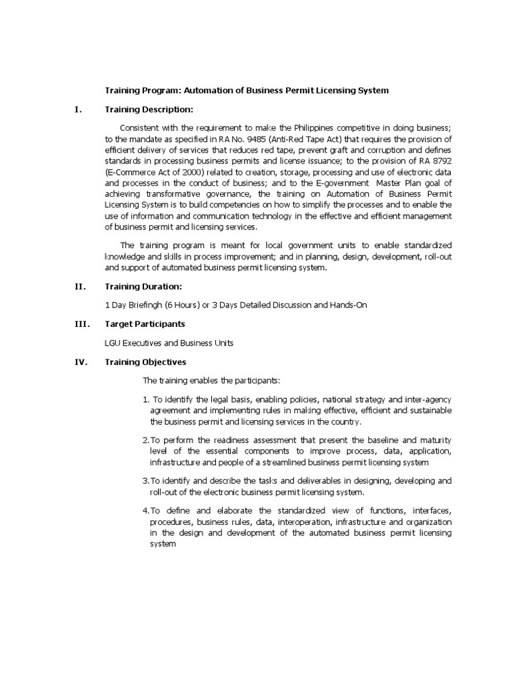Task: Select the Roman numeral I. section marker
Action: [78, 109]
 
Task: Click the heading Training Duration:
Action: [143, 286]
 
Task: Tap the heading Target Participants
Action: [145, 323]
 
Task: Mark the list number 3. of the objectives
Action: [146, 480]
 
